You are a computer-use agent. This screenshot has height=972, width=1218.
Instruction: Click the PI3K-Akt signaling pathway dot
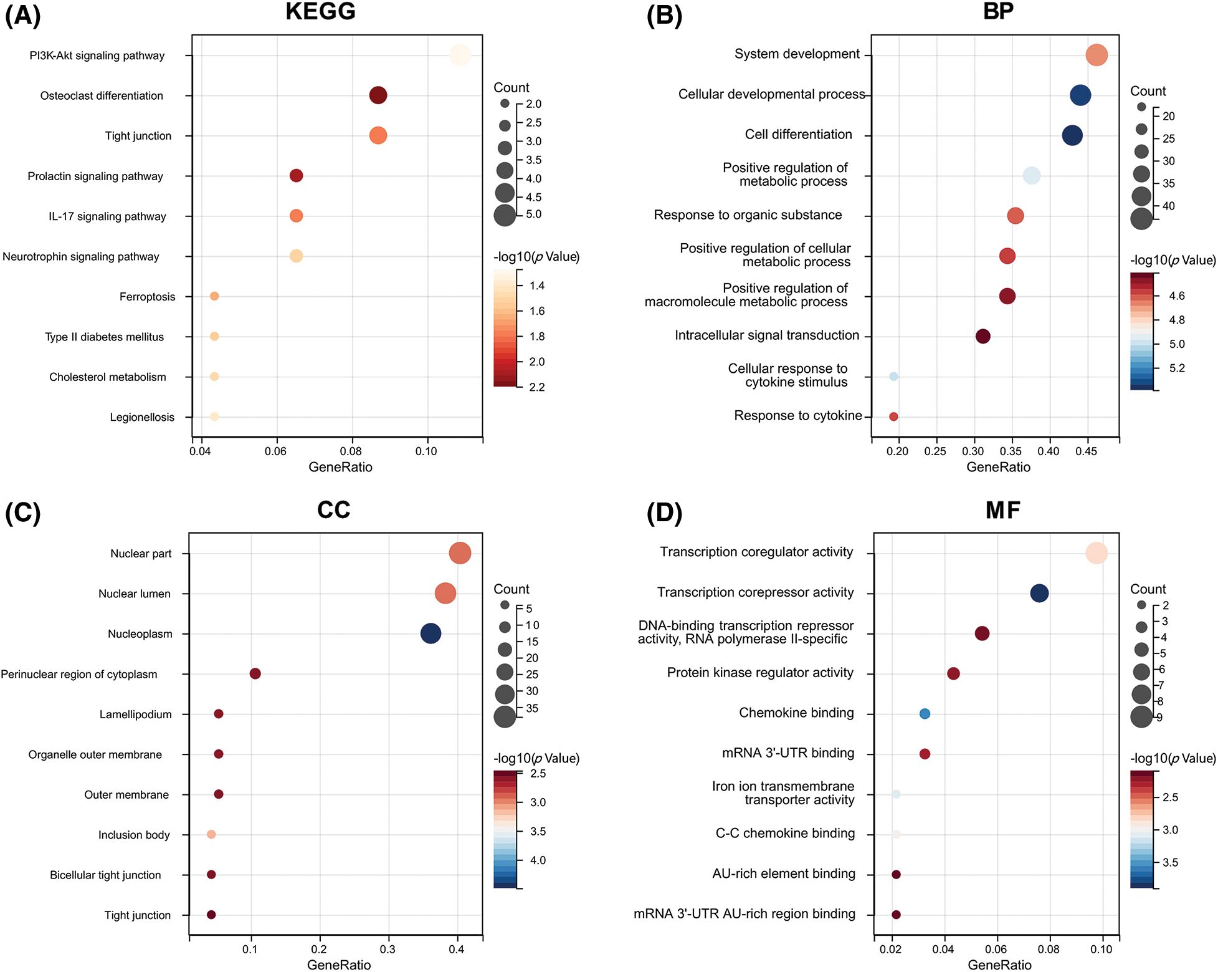coord(460,55)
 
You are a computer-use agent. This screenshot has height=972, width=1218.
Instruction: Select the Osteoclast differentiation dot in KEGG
coord(378,95)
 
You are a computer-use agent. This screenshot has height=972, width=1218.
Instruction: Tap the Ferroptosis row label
coord(147,297)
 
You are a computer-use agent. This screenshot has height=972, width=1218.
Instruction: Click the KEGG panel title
coord(320,11)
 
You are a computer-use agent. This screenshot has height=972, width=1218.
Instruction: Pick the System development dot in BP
coord(1097,55)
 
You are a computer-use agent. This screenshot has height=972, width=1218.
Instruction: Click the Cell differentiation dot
coord(1072,135)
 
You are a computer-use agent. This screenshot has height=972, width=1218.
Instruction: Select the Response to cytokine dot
coord(893,416)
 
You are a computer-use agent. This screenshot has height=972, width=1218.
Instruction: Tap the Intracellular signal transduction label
coord(766,335)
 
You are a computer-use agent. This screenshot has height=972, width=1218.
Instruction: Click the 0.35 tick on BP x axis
coord(1011,451)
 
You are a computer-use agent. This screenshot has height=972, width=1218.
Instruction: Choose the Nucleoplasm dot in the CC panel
coord(431,633)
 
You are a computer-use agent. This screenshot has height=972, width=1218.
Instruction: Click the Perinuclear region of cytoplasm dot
coord(255,673)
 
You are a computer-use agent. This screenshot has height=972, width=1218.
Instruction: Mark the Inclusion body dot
coord(211,834)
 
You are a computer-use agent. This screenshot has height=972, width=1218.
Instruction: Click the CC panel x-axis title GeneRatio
coord(339,965)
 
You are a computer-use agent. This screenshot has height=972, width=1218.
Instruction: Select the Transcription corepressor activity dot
coord(1039,593)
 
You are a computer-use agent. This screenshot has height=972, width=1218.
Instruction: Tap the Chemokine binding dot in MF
coord(925,714)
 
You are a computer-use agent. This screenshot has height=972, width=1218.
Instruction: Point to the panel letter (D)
coord(664,512)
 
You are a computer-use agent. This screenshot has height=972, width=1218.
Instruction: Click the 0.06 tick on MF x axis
coord(996,949)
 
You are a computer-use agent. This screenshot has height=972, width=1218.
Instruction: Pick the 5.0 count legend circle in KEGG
coord(505,215)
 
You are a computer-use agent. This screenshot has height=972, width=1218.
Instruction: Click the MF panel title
coord(1002,510)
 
